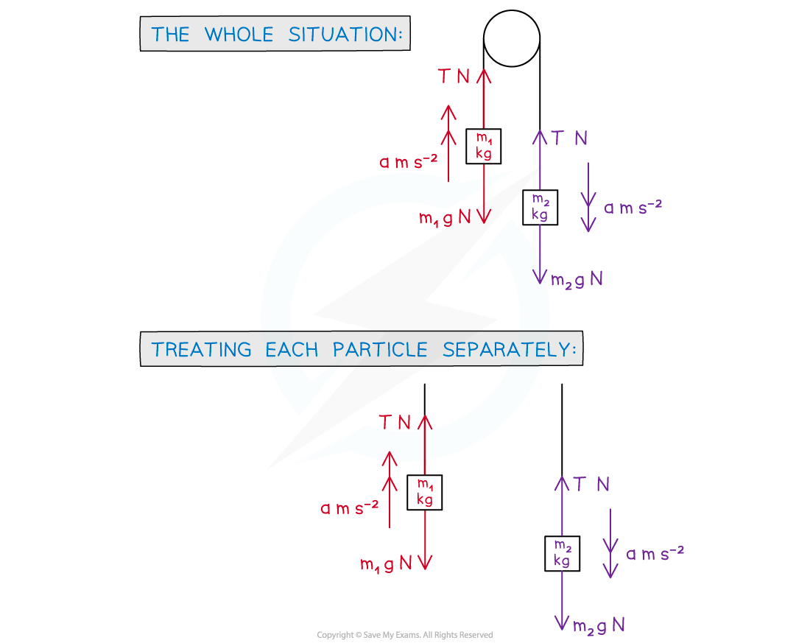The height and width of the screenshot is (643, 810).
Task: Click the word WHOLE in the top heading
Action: point(240,35)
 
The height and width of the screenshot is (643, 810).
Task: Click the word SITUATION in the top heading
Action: point(345,35)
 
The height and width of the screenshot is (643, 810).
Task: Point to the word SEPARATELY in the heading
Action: point(508,349)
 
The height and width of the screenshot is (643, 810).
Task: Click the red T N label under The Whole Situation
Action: point(454,77)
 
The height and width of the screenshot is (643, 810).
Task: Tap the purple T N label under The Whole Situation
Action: point(570,138)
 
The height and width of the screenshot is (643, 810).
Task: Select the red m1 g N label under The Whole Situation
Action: point(445,219)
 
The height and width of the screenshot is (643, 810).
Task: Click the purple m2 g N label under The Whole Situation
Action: point(577,280)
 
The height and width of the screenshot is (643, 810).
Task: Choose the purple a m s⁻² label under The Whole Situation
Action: point(633,208)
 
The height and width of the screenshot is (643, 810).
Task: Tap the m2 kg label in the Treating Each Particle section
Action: point(562,553)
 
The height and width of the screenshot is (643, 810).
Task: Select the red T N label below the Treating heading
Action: point(395,423)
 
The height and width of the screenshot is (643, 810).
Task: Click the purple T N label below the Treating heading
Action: point(592,485)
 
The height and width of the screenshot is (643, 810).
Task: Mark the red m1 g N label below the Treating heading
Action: point(386,565)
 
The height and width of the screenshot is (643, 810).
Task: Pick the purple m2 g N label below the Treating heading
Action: point(599,626)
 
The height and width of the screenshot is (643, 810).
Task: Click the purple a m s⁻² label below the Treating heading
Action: point(655,553)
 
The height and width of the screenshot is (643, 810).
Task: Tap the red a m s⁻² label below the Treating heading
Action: point(350,508)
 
